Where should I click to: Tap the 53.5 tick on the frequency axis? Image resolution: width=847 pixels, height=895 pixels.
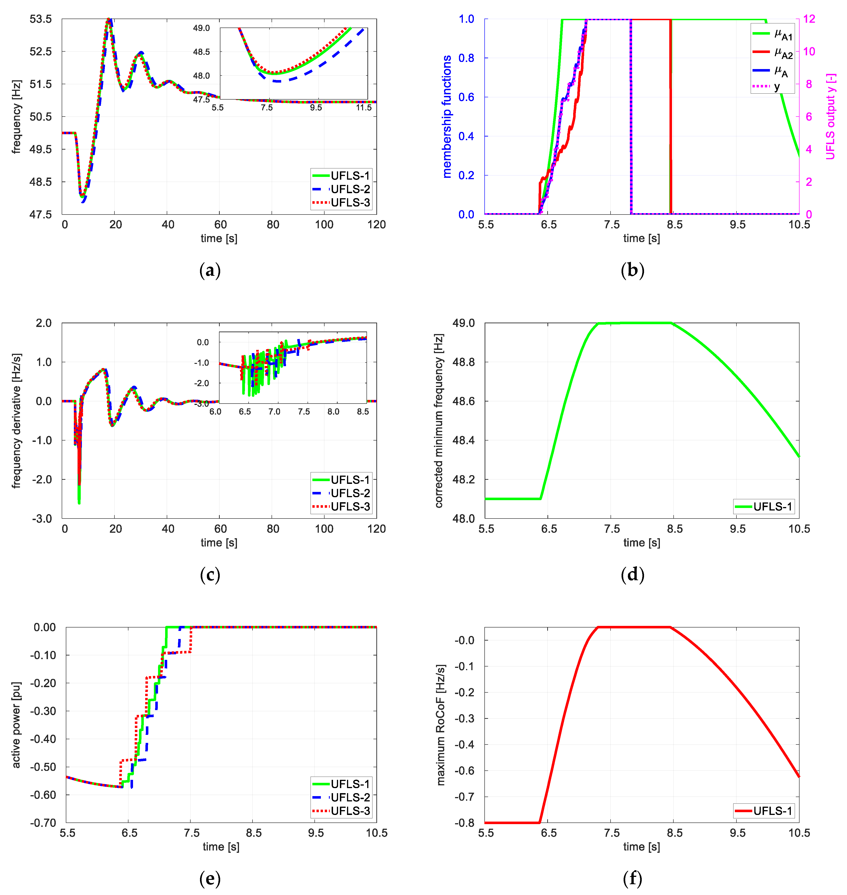(41, 19)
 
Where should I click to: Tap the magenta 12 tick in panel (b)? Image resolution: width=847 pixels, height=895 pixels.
(809, 19)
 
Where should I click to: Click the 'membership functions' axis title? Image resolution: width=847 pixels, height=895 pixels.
(447, 117)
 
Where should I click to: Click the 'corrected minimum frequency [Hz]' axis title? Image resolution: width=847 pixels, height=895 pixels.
(439, 421)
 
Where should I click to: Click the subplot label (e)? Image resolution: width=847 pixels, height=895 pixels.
(210, 879)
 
